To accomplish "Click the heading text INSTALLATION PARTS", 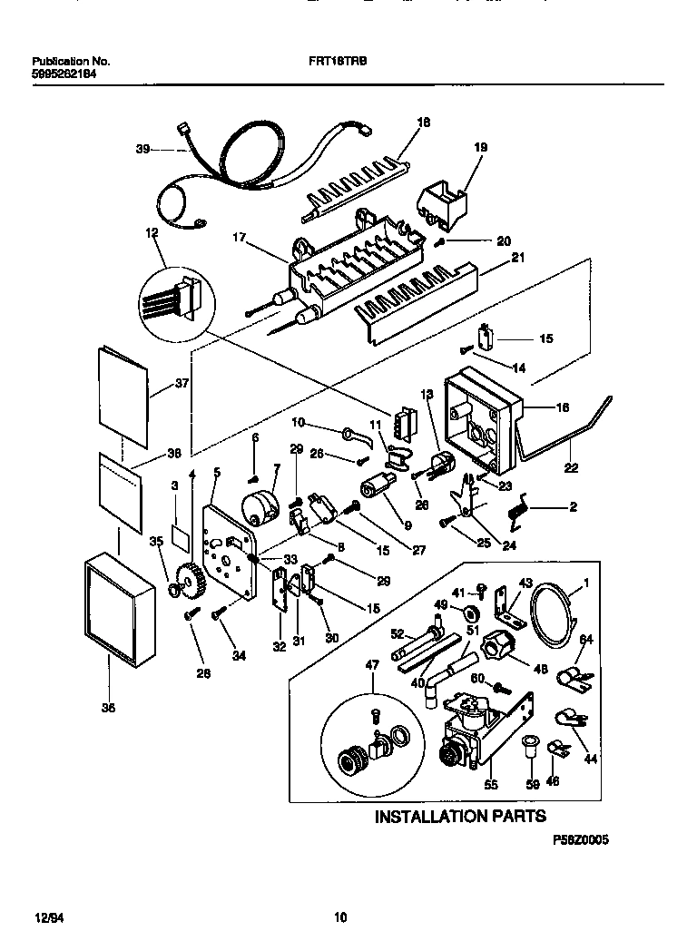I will click(461, 817).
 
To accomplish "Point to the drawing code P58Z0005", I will click(580, 841).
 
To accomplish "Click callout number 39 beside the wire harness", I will click(142, 150).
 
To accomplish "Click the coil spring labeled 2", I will click(517, 511).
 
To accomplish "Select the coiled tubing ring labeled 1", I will click(552, 613).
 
